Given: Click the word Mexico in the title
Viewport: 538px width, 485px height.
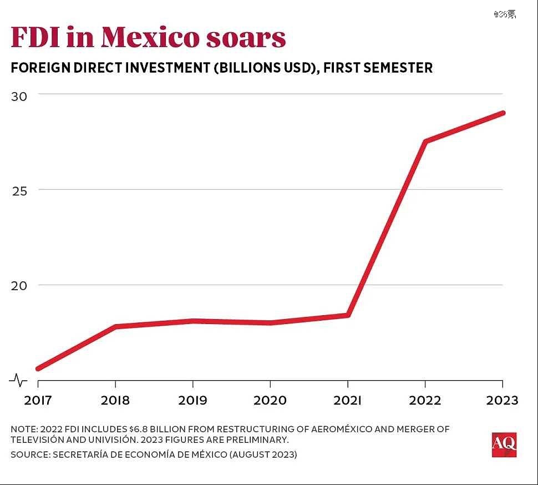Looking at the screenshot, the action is pyautogui.click(x=150, y=37).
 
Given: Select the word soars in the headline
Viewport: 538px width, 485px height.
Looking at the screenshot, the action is pyautogui.click(x=246, y=39).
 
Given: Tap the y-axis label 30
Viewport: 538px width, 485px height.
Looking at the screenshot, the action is pyautogui.click(x=19, y=97).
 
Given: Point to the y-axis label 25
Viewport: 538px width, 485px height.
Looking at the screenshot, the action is pyautogui.click(x=19, y=191).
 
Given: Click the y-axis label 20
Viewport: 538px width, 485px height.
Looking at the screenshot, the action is pyautogui.click(x=19, y=286).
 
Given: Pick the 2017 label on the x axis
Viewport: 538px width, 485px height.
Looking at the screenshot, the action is pyautogui.click(x=38, y=400).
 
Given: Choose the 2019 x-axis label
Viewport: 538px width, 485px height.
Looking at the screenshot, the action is pyautogui.click(x=192, y=400).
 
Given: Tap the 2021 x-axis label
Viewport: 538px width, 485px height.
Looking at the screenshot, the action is pyautogui.click(x=347, y=400).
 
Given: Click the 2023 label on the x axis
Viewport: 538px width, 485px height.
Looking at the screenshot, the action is pyautogui.click(x=502, y=400).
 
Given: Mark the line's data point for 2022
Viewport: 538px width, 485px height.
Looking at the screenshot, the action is pyautogui.click(x=425, y=141).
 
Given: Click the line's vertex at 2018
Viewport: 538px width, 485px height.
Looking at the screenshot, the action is pyautogui.click(x=115, y=326).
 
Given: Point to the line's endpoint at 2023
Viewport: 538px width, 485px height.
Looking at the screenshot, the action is pyautogui.click(x=503, y=113).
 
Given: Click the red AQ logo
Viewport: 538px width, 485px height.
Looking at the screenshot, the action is pyautogui.click(x=504, y=444).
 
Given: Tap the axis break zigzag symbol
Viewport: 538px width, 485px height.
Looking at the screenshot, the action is pyautogui.click(x=18, y=380).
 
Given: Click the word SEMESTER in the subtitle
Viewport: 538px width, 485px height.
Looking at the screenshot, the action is pyautogui.click(x=398, y=68).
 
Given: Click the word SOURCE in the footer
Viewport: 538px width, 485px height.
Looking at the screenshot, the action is pyautogui.click(x=30, y=454).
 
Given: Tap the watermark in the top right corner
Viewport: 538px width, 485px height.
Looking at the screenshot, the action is pyautogui.click(x=505, y=14).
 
